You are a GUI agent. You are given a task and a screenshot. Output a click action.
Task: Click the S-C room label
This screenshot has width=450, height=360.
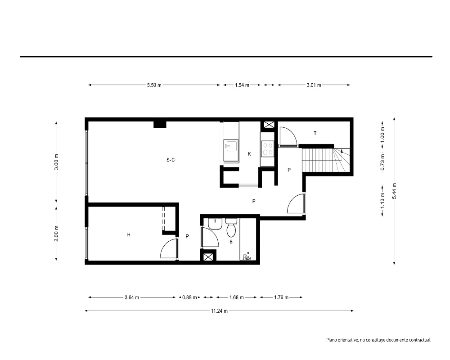171,160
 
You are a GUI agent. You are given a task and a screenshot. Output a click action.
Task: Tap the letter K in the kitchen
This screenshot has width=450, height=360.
249,154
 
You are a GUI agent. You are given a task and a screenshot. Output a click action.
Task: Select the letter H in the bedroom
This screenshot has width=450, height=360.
129,235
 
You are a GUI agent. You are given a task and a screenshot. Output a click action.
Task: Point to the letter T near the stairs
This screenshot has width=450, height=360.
315,133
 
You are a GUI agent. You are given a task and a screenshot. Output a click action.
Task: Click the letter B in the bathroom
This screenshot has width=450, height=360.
231,242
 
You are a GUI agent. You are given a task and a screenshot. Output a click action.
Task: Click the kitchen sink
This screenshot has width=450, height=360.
231,146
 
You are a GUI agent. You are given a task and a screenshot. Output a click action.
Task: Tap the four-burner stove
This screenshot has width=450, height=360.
268,148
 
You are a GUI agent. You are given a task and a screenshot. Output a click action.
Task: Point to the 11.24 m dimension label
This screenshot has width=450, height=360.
219,311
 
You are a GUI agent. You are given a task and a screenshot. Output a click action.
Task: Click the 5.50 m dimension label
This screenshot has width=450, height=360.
154,85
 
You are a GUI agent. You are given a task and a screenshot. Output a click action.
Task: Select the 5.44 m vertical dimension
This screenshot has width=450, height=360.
394,191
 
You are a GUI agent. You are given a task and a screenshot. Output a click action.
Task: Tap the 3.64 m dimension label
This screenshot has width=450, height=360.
132,297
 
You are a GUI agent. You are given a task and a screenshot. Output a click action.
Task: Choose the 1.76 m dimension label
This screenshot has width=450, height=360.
281,297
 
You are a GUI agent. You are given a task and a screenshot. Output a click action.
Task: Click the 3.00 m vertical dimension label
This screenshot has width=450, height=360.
56,162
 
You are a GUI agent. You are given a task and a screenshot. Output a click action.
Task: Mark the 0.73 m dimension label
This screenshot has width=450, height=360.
382,162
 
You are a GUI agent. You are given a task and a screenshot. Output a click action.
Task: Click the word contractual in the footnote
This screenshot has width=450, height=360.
420,340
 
